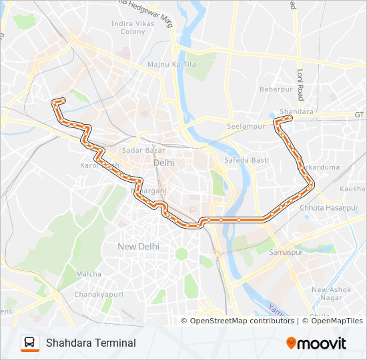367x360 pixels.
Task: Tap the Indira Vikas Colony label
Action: coord(129,27)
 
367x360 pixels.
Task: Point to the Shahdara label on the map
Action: coord(296,111)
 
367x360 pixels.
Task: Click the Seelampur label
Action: coord(243,127)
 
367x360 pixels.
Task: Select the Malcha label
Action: coord(89,274)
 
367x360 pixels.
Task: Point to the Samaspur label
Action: coord(286,253)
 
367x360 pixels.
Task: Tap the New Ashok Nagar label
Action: coord(328,294)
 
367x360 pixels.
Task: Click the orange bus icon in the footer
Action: coord(29,343)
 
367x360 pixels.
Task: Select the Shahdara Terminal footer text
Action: coord(91,343)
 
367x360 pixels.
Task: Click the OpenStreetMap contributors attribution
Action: coord(242,321)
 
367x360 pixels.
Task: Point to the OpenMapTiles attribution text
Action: coord(332,321)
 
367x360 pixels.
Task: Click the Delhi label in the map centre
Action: coord(163,163)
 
